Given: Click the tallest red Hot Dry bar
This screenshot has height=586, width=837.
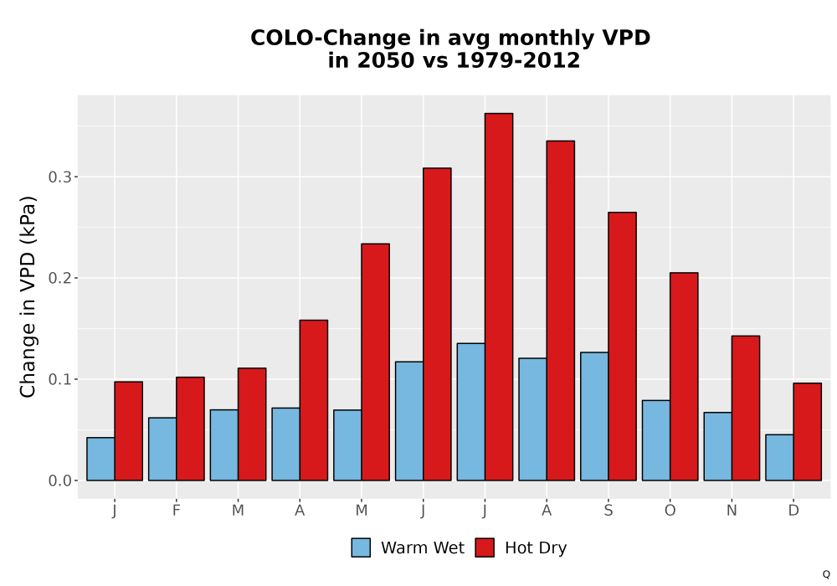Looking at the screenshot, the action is point(499,296).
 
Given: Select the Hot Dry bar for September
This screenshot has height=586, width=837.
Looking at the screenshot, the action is point(622,347).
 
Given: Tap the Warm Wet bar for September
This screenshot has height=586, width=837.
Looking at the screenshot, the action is point(594,416).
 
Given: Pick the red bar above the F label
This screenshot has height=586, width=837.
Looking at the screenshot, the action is point(190,429).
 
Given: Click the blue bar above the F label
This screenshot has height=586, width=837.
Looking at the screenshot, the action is point(162,449).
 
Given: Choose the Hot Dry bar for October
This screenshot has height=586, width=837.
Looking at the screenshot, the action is point(684,376).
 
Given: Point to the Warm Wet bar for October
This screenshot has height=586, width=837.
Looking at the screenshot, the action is point(656,440).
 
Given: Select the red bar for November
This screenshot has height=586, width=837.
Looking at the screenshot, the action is point(746,409).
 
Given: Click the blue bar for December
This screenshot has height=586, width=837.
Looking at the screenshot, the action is point(779,457).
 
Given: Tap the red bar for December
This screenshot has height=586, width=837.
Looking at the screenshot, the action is point(807,432).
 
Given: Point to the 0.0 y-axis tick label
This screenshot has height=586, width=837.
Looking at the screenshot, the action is point(59,481).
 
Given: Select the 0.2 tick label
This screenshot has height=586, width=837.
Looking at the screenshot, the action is point(59,278).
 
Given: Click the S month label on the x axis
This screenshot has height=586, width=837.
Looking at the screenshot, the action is point(608,511).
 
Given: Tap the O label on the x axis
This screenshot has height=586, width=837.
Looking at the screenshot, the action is point(670,511).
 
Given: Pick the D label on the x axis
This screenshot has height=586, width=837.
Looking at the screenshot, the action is point(793,511).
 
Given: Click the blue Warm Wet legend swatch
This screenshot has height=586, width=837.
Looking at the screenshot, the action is point(361,547).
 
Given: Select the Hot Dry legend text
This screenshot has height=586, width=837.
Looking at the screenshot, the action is point(536,548).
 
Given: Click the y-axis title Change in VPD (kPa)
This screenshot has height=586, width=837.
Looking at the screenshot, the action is point(28,297).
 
